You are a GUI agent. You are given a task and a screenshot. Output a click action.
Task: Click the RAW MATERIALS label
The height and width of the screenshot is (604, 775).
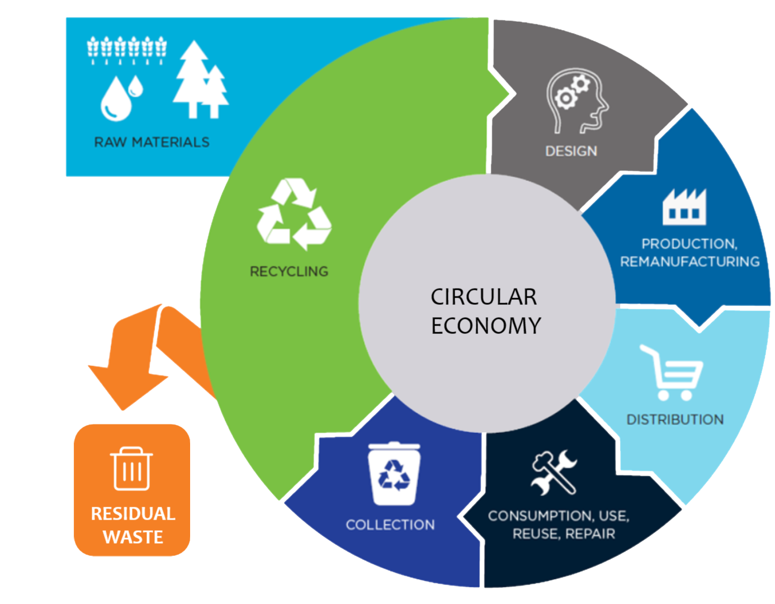[152, 142]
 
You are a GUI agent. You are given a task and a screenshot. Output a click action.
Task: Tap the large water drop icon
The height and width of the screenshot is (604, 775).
[116, 100]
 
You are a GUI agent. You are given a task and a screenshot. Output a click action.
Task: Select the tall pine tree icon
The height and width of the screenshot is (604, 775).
[192, 79]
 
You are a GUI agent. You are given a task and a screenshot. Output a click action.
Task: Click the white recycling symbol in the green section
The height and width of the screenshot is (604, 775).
[294, 214]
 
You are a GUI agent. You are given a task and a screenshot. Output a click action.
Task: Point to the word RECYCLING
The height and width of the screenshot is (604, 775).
[289, 272]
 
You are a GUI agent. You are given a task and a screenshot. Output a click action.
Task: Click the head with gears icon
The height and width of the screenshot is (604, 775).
[577, 101]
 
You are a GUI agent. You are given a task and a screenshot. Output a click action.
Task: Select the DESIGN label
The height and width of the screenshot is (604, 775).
[571, 151]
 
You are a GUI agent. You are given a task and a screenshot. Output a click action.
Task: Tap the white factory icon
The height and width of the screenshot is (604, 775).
[684, 207]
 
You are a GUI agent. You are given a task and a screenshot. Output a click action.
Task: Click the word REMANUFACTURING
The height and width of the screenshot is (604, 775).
[690, 262]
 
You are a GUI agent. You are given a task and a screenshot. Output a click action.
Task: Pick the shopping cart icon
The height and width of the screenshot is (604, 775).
[671, 372]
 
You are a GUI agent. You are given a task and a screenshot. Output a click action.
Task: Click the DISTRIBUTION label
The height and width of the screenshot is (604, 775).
[675, 419]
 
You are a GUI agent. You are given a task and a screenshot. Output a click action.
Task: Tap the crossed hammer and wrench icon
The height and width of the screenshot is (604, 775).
[554, 473]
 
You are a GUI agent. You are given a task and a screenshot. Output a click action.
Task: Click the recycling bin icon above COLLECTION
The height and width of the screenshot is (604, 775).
[394, 473]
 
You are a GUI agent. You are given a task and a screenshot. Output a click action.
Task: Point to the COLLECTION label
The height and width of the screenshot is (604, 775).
[390, 525]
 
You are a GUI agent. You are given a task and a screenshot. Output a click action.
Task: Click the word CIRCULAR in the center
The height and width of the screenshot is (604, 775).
[484, 296]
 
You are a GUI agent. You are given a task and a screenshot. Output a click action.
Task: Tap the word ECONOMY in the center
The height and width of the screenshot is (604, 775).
[486, 325]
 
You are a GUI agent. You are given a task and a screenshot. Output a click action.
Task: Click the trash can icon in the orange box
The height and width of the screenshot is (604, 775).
[131, 469]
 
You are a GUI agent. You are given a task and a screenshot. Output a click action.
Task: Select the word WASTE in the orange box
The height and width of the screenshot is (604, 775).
[133, 537]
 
